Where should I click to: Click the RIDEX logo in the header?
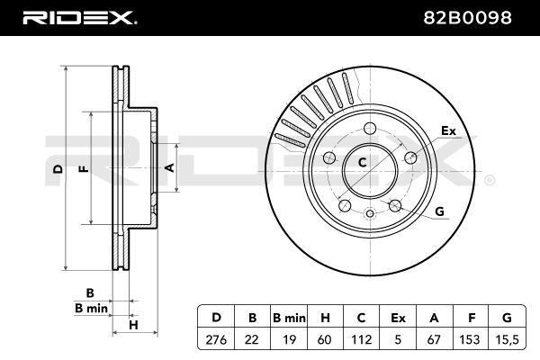tap(79, 17)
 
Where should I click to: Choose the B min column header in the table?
tap(290, 317)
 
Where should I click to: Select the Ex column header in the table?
tap(397, 317)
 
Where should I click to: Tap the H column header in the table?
tap(326, 317)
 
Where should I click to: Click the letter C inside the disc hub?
tap(362, 162)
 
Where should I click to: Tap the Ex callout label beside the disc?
tap(448, 132)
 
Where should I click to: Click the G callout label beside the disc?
tap(440, 212)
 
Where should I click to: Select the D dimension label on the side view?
tap(57, 169)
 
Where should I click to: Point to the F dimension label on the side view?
tap(82, 169)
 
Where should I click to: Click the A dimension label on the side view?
tap(168, 166)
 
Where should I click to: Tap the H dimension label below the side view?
tap(132, 325)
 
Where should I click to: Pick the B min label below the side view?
tap(91, 308)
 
